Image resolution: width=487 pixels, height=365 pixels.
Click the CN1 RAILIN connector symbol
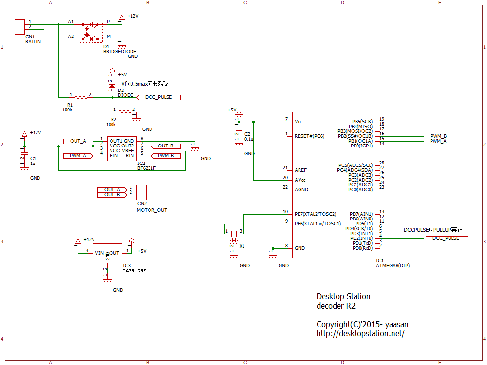(20, 26)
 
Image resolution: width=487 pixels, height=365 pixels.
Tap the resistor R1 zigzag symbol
(81, 97)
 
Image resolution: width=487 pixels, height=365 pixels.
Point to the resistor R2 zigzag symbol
(125, 112)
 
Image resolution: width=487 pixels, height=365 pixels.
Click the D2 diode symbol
(112, 86)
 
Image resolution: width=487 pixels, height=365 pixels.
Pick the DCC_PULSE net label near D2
(159, 97)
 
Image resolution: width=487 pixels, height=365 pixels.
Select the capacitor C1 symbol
(23, 158)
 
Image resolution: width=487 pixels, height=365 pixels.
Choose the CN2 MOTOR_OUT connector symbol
(142, 192)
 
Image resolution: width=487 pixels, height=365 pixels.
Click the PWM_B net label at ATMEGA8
(438, 136)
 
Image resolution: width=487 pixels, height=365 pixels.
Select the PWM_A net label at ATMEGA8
(438, 141)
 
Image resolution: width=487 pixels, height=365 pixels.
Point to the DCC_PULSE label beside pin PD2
(446, 238)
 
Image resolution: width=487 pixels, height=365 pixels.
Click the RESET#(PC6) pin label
(309, 136)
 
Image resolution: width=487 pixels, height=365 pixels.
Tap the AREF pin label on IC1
(301, 170)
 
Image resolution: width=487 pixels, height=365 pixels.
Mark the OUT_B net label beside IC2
(166, 146)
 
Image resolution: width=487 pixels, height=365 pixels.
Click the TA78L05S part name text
(134, 270)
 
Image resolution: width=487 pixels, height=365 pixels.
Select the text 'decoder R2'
(336, 306)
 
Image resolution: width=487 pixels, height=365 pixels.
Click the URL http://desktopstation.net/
(360, 334)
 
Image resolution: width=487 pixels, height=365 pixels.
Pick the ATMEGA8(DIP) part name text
(393, 266)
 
